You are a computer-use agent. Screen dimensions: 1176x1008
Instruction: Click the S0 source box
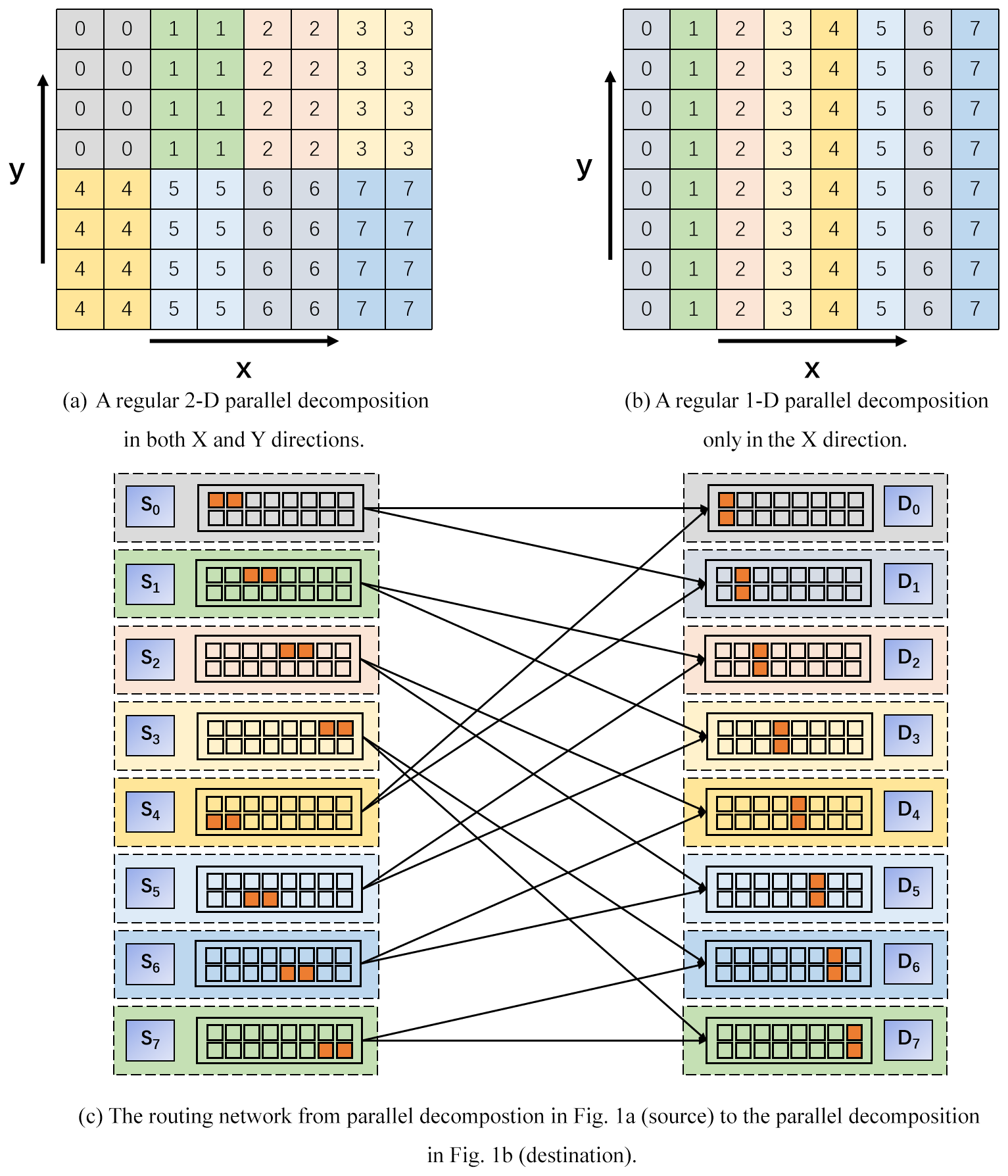tap(150, 506)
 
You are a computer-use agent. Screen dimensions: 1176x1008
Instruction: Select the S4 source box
tap(150, 811)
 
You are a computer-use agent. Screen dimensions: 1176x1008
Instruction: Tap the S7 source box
tap(150, 1040)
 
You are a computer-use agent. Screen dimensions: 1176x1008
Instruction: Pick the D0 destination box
tap(908, 506)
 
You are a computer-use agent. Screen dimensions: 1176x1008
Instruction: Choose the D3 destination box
tap(908, 735)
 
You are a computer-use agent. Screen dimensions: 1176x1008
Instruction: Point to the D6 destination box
tap(908, 964)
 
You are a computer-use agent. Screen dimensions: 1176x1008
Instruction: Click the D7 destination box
tap(908, 1040)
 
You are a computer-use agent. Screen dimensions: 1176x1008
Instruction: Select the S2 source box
tap(150, 659)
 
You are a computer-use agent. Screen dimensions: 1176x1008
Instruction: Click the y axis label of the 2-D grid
tap(17, 170)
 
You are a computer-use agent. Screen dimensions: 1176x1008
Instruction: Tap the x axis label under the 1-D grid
tap(812, 370)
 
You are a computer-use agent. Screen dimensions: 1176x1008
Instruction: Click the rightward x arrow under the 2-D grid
tap(244, 341)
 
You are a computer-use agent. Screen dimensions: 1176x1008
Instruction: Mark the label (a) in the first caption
tap(74, 401)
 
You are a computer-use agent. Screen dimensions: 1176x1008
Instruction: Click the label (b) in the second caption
tap(636, 401)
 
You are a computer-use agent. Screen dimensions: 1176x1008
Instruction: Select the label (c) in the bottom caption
tap(90, 1117)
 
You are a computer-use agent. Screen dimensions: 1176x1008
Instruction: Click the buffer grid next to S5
tap(279, 889)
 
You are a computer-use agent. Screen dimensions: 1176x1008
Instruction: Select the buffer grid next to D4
tap(789, 812)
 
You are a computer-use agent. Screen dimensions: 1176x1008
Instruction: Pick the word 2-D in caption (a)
tap(201, 401)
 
